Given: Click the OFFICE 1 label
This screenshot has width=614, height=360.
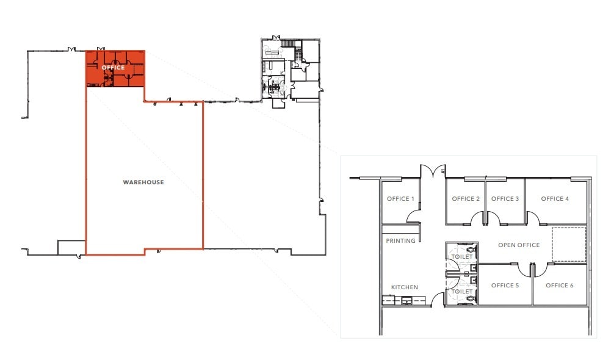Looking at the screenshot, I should tap(400, 199).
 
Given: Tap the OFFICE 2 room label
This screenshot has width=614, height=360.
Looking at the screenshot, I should tap(466, 199).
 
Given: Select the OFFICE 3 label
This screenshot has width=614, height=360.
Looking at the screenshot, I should tap(505, 199).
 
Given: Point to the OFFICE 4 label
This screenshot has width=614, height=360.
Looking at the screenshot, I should tap(555, 199).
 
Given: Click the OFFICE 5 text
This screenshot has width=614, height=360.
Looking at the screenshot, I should tap(505, 286).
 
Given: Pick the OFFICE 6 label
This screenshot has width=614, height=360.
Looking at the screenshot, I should tap(560, 286).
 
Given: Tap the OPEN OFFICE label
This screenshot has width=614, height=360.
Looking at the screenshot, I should tap(519, 245).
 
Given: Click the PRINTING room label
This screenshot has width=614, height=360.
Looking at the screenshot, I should tap(400, 241).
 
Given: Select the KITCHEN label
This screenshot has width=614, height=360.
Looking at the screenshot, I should tap(405, 287).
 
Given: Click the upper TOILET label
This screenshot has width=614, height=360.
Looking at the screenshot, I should tap(461, 257).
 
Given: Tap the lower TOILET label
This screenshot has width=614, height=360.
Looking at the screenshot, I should tap(461, 292).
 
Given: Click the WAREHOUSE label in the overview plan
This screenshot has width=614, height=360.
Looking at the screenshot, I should tap(143, 182).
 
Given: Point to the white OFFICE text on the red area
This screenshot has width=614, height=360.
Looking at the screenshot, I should tap(114, 68).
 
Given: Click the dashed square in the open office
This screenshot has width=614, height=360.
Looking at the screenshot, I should tap(569, 245).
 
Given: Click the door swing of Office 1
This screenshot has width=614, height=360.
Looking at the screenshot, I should tap(414, 215).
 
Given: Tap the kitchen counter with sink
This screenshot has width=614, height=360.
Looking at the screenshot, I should tap(403, 300).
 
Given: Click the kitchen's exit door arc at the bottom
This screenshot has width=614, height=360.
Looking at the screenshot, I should tap(437, 299).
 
